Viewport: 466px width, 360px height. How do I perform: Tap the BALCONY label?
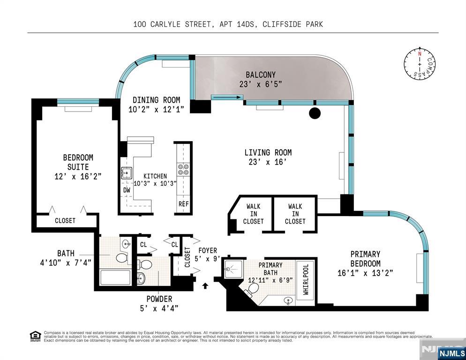(261, 75)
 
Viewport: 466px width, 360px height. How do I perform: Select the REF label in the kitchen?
(183, 204)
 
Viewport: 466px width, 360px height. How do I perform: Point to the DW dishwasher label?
(127, 190)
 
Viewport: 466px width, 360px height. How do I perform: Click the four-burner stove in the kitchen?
(183, 169)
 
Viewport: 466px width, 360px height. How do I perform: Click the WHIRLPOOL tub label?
(306, 280)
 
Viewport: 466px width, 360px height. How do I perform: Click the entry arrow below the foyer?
(205, 285)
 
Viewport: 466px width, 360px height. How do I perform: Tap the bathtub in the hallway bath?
(116, 277)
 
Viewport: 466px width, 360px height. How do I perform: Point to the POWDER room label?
(159, 299)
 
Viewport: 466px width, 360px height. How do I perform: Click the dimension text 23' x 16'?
(268, 162)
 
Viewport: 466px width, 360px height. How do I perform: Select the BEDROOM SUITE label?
(78, 162)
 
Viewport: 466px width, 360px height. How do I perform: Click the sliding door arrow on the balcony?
(227, 97)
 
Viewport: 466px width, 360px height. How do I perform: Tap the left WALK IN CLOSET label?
(253, 214)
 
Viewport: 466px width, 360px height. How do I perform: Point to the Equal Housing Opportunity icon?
(35, 336)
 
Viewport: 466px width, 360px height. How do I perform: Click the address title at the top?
(228, 24)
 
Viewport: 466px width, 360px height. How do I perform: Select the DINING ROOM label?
(156, 100)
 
